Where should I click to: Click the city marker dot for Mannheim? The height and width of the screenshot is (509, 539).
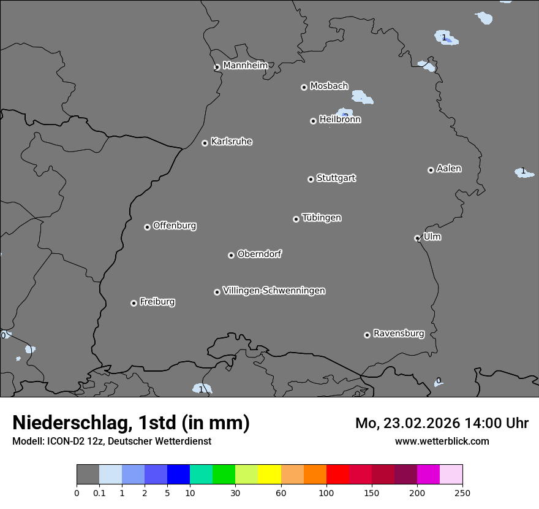217,67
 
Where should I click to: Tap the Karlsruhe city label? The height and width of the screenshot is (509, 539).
232,142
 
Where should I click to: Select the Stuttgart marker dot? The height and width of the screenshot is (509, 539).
311,179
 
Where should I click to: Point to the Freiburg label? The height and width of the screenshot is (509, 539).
157,302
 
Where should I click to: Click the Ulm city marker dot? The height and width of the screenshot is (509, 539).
418,238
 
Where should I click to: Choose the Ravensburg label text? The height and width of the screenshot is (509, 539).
399,334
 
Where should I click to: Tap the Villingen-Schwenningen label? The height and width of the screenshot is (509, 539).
274,291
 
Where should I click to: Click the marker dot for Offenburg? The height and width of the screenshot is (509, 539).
147,227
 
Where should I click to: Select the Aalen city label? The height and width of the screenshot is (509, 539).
449,169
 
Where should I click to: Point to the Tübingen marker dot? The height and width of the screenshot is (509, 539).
296,219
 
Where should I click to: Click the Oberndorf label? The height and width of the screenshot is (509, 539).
260,254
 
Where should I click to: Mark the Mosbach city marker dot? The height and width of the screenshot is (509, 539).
304,87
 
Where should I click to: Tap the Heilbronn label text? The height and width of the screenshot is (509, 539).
340,120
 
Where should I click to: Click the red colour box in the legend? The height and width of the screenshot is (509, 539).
337,475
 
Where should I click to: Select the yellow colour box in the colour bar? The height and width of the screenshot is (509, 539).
269,475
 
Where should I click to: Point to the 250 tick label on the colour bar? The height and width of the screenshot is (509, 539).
462,492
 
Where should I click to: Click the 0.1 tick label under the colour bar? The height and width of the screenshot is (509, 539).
99,492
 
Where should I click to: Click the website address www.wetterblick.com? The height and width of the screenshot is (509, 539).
442,441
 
